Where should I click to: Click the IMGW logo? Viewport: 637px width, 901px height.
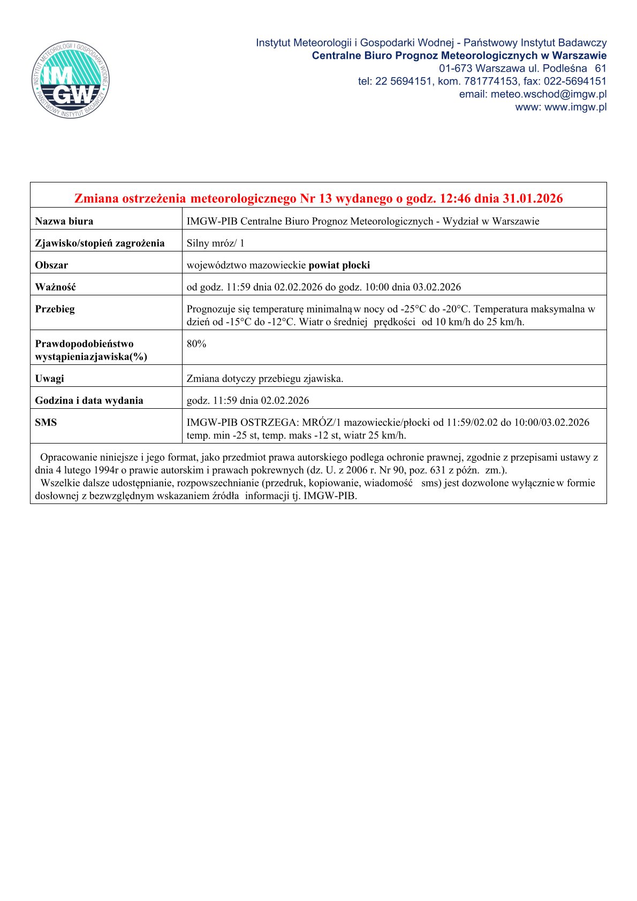pos(71,80)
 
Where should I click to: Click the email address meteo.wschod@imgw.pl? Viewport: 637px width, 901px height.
pos(533,94)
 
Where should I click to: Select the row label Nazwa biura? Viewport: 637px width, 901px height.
pos(64,221)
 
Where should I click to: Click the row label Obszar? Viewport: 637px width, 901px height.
pos(51,265)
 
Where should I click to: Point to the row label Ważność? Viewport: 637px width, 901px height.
pos(55,287)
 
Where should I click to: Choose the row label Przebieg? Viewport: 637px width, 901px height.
pos(55,309)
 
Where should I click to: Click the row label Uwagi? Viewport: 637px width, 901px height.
pos(49,378)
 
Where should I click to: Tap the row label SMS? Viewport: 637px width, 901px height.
pos(45,422)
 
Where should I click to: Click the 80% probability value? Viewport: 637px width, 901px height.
pos(196,343)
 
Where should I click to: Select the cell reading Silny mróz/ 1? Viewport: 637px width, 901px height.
pos(215,243)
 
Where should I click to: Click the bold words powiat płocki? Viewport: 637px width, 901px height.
pos(339,265)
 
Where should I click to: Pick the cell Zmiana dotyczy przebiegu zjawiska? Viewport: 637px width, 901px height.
pos(265,378)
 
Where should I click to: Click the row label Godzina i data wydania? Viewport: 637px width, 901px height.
pos(89,400)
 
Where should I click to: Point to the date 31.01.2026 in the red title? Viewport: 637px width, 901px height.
pos(533,198)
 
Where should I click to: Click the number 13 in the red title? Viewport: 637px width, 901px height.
pos(325,198)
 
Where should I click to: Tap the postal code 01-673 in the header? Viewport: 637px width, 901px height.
pos(456,68)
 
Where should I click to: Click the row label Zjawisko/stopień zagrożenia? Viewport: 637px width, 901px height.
pos(100,243)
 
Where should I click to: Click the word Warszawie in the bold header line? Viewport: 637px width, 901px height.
pos(580,56)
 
